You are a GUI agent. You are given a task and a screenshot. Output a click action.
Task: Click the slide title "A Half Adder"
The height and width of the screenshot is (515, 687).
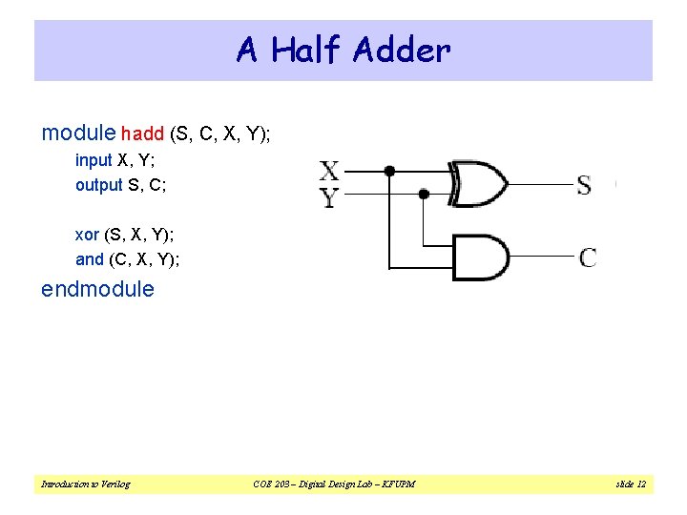tap(343, 50)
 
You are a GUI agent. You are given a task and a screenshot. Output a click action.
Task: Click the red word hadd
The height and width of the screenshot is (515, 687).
tap(142, 135)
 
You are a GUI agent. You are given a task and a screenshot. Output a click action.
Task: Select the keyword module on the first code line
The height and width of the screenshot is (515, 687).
tap(79, 134)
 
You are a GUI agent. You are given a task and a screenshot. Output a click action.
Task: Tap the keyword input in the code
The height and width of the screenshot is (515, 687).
tap(94, 160)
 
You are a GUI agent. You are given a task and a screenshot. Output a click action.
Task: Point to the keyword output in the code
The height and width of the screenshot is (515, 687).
tap(99, 185)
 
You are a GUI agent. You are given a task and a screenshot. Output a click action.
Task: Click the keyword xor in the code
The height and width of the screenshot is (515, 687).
tap(88, 235)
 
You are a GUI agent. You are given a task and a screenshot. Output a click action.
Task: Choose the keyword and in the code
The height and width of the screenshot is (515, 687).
tap(90, 259)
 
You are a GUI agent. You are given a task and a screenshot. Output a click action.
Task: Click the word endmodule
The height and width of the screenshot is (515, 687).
tap(97, 290)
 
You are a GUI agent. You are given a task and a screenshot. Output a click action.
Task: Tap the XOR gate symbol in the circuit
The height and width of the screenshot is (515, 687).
tap(480, 183)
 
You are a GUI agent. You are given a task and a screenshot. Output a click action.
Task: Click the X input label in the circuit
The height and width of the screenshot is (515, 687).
tap(329, 172)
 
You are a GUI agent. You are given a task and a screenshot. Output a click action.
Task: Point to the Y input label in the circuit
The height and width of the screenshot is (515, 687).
tap(329, 197)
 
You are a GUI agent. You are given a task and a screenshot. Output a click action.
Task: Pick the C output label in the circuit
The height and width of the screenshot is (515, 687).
tap(588, 257)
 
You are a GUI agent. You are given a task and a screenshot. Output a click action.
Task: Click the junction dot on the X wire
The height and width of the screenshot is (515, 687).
tap(388, 172)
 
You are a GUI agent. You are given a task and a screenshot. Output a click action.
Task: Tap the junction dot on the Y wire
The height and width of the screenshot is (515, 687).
tap(424, 194)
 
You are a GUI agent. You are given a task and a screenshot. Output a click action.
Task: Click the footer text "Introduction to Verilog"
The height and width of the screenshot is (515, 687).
tap(86, 484)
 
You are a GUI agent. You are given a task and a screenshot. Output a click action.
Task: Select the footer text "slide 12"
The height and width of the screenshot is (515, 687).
tap(631, 484)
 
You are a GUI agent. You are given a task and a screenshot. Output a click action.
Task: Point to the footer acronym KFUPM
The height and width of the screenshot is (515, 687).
tap(394, 484)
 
